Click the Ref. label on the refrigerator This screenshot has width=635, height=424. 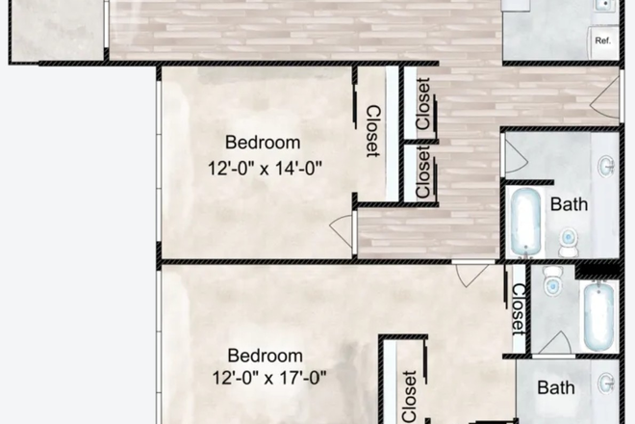click(603, 40)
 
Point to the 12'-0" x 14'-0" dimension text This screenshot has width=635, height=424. click(265, 167)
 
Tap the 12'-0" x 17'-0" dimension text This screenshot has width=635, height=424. click(265, 378)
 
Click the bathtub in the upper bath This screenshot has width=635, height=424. click(526, 222)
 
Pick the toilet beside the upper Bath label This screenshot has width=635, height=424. click(568, 241)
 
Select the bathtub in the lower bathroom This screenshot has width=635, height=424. click(598, 316)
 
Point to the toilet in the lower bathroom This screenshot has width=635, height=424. click(553, 282)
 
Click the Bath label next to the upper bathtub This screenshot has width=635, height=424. click(569, 204)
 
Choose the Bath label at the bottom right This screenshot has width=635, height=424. click(556, 388)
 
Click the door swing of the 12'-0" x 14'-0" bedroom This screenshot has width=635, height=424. click(342, 229)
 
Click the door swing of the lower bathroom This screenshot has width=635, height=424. click(554, 342)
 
